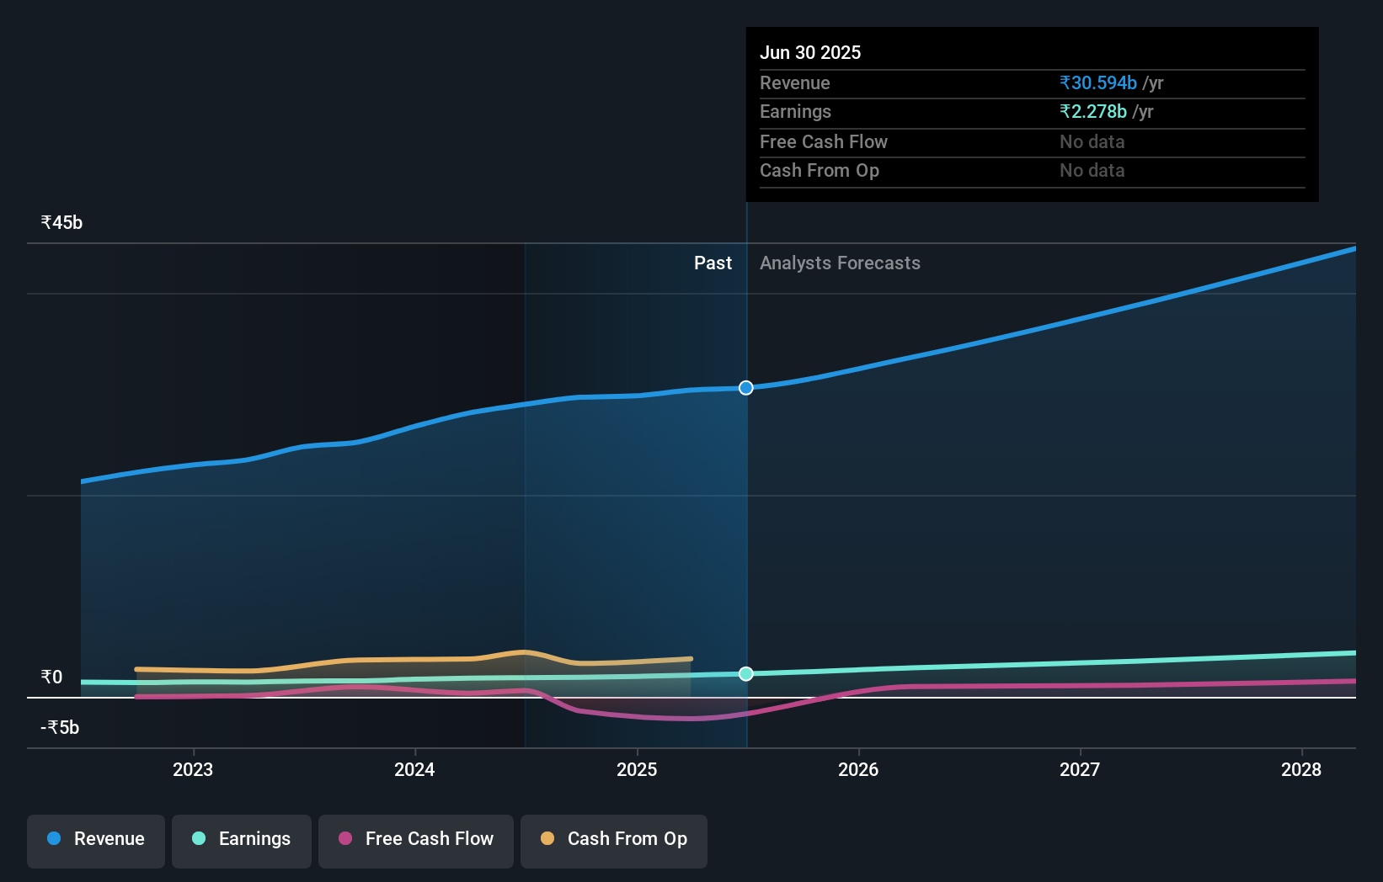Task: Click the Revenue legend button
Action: pyautogui.click(x=96, y=839)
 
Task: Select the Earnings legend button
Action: pyautogui.click(x=242, y=839)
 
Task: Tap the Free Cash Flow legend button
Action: pyautogui.click(x=416, y=839)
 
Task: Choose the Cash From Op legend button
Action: pyautogui.click(x=614, y=839)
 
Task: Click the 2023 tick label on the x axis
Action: pyautogui.click(x=193, y=769)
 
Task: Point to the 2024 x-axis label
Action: pyautogui.click(x=414, y=769)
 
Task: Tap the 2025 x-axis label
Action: pyautogui.click(x=637, y=769)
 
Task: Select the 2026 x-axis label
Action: pyautogui.click(x=858, y=769)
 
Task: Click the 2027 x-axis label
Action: pyautogui.click(x=1080, y=769)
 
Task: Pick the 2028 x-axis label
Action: pyautogui.click(x=1301, y=769)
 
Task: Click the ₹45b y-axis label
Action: pyautogui.click(x=61, y=223)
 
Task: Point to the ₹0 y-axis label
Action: pyautogui.click(x=51, y=677)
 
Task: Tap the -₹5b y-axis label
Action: pyautogui.click(x=60, y=728)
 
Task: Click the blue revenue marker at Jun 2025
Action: pyautogui.click(x=746, y=388)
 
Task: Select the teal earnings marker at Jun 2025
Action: pyautogui.click(x=746, y=674)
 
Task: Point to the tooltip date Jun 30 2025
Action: pyautogui.click(x=810, y=53)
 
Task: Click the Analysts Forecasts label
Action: pyautogui.click(x=840, y=263)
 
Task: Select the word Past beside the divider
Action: pyautogui.click(x=713, y=263)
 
